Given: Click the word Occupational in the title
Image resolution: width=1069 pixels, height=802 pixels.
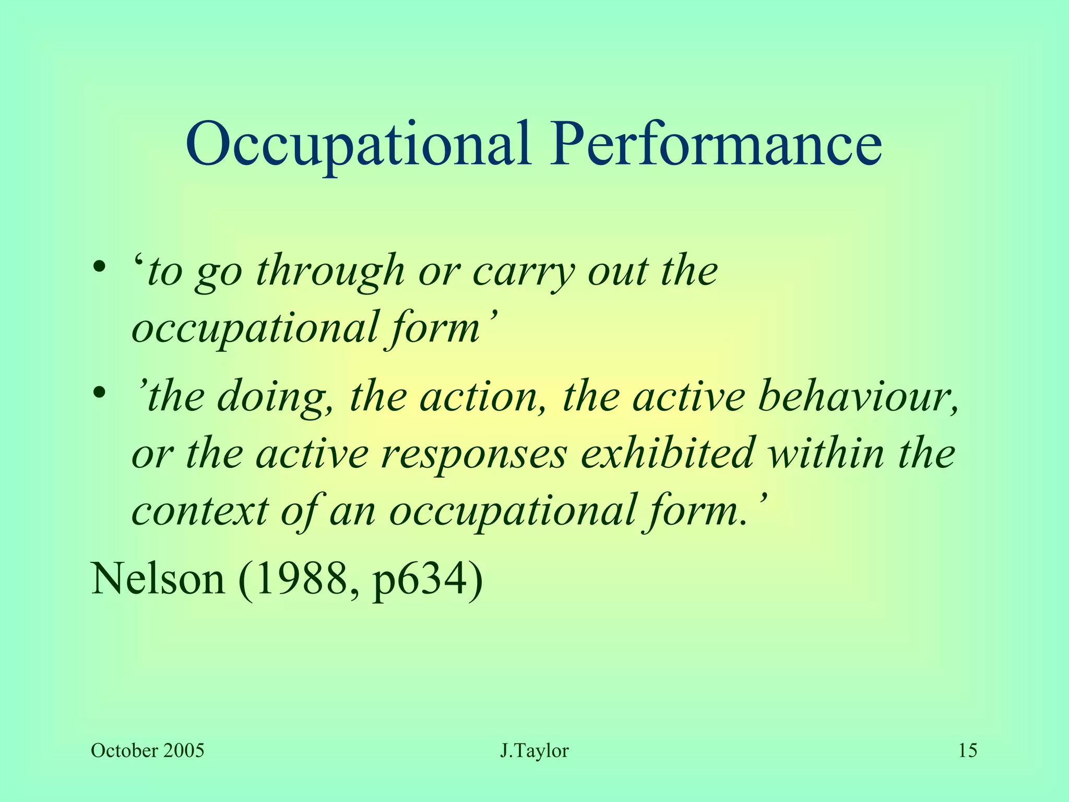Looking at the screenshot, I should click(x=358, y=143).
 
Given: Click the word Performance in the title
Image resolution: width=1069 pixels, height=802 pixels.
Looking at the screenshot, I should click(x=716, y=143).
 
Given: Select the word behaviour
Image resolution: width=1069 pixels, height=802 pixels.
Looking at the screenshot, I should click(x=856, y=397).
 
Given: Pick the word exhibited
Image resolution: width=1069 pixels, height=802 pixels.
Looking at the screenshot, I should click(x=668, y=453).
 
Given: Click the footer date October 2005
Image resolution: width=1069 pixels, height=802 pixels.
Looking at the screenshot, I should click(x=147, y=751).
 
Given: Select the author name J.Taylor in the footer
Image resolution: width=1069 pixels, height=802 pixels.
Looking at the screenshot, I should click(x=534, y=751).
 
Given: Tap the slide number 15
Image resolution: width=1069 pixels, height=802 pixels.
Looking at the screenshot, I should click(x=968, y=751).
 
